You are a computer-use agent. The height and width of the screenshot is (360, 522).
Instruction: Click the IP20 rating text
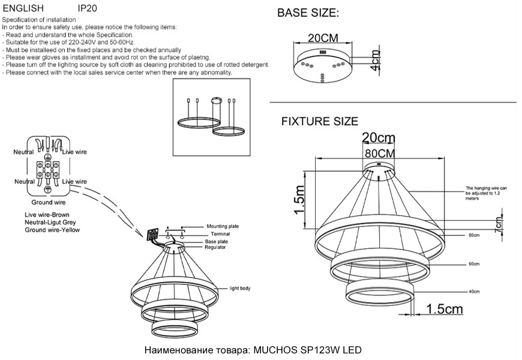tap(88, 9)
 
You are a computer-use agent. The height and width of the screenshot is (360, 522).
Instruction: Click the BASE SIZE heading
tap(308, 13)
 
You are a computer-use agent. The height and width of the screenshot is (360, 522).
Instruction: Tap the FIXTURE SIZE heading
tap(320, 122)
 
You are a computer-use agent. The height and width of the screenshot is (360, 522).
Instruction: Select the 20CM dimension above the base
tap(323, 38)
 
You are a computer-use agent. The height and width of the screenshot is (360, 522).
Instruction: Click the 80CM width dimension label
tap(380, 152)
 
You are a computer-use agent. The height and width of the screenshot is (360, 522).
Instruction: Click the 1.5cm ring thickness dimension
tap(444, 309)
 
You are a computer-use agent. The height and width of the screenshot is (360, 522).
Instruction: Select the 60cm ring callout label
tap(474, 264)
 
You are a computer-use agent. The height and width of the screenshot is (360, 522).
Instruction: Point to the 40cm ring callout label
tap(474, 291)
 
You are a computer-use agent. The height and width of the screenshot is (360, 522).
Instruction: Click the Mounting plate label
tap(223, 226)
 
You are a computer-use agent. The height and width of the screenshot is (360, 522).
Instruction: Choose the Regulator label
tap(215, 247)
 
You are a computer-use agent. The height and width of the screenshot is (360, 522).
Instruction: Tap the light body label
tap(240, 289)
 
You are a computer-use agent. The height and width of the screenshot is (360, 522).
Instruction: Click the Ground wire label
tap(48, 203)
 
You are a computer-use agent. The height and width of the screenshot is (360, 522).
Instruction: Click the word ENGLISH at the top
tap(23, 9)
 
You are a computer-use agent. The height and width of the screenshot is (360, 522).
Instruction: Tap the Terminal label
tap(217, 234)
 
